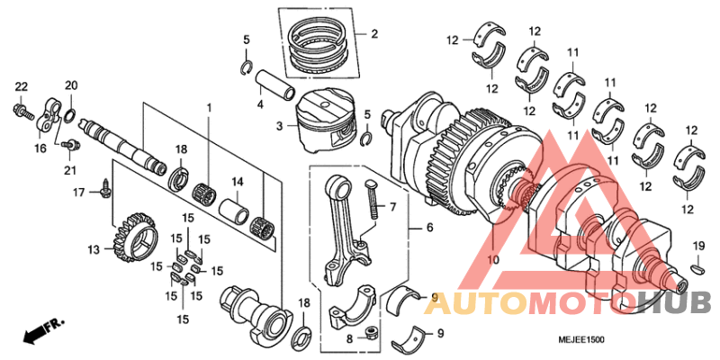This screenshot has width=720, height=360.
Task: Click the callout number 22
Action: point(19,86)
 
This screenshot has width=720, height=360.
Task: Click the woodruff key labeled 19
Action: point(698,266)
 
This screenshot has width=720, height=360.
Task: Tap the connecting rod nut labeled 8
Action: point(369,337)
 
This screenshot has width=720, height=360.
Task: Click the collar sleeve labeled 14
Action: point(236,213)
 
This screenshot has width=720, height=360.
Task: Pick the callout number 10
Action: point(492,260)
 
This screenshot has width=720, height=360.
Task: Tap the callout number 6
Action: point(429,229)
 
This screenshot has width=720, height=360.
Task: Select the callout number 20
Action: point(71,85)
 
